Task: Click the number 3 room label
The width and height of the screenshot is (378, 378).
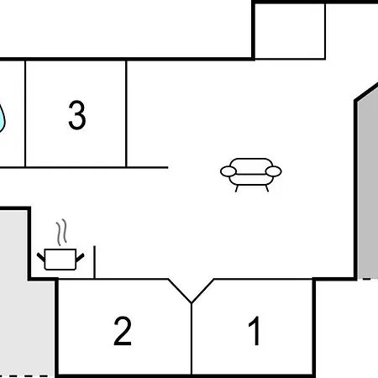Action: click(77, 115)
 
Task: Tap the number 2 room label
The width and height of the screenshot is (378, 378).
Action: click(123, 331)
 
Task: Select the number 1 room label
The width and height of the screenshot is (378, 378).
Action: click(255, 330)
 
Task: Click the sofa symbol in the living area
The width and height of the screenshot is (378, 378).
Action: click(251, 175)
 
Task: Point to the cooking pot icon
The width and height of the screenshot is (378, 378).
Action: click(60, 260)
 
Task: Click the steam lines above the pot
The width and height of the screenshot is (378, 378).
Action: click(61, 233)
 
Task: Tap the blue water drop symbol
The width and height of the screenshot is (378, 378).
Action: click(2, 118)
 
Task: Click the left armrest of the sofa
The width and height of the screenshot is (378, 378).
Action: click(228, 171)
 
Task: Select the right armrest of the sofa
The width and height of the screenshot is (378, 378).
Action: click(273, 171)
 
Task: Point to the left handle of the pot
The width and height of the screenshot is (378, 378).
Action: click(41, 257)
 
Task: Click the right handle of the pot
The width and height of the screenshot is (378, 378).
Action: click(80, 257)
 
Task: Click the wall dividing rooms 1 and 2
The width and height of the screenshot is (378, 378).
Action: click(192, 339)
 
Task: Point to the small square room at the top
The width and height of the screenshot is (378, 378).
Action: click(290, 31)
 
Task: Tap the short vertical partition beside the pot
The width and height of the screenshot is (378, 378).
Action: click(95, 262)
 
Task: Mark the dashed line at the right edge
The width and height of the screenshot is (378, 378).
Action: click(370, 279)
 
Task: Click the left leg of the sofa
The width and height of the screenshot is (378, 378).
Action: click(237, 188)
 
